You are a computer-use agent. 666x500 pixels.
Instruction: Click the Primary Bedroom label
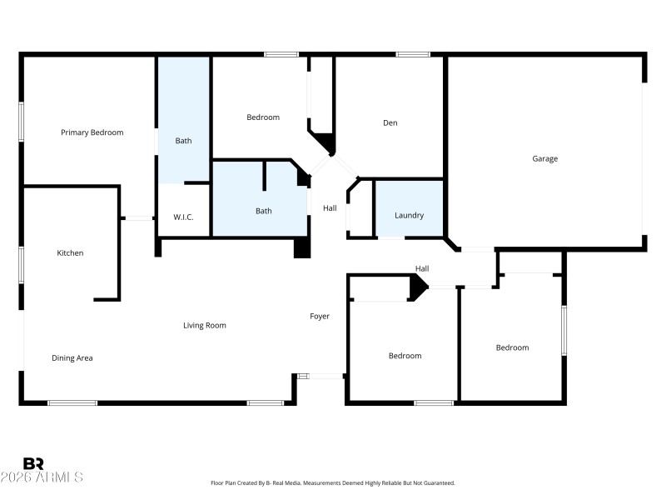pos(92,132)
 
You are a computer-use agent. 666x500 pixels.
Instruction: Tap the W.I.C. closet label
pos(184,217)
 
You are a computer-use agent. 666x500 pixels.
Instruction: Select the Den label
pos(390,123)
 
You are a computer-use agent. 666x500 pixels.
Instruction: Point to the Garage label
pos(545,158)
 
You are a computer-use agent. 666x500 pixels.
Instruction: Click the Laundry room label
pos(409,215)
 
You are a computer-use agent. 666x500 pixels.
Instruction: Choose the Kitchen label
pos(70,252)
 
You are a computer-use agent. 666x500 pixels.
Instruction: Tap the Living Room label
pos(205,325)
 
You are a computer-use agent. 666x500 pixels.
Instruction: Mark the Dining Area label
pos(72,358)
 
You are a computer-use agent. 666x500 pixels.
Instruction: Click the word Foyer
pos(320,317)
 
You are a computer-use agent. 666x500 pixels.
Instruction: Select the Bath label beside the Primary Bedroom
pos(183,141)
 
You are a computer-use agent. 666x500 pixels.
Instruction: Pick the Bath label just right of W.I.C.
pos(263,211)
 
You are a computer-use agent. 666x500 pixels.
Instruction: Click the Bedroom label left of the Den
pos(263,117)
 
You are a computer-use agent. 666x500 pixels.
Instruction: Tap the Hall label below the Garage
pos(422,268)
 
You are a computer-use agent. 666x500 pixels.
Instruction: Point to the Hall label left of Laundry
pos(331,208)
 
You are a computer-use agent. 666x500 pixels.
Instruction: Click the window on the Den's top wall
pos(413,55)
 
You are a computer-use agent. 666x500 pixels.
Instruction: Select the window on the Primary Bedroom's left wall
pos(22,122)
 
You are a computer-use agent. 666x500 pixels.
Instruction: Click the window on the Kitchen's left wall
pos(22,266)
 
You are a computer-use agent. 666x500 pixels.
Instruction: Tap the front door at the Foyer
pos(321,377)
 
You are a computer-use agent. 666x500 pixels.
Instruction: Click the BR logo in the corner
pos(33,463)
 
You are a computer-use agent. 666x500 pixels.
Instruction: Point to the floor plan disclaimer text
pos(333,482)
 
